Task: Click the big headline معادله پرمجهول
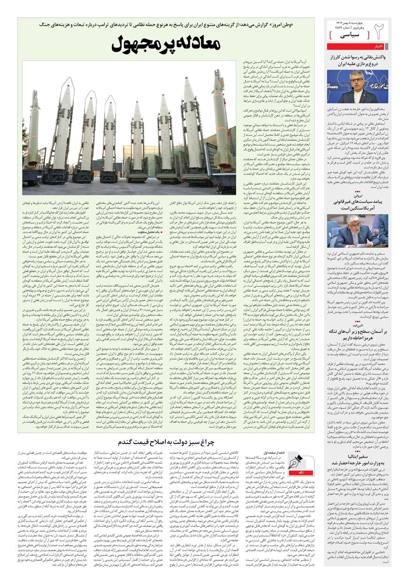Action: click(166, 46)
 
